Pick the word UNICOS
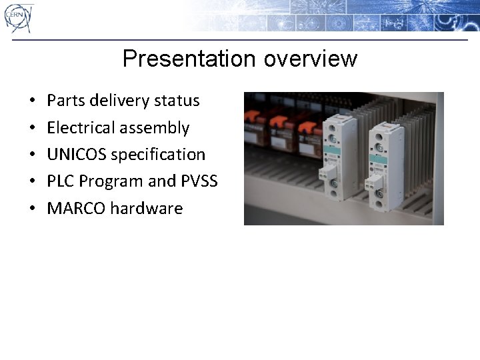pyautogui.click(x=77, y=154)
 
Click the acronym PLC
pyautogui.click(x=61, y=181)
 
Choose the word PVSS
pyautogui.click(x=199, y=181)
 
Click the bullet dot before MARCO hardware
pyautogui.click(x=33, y=209)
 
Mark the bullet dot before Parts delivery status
pyautogui.click(x=33, y=101)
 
